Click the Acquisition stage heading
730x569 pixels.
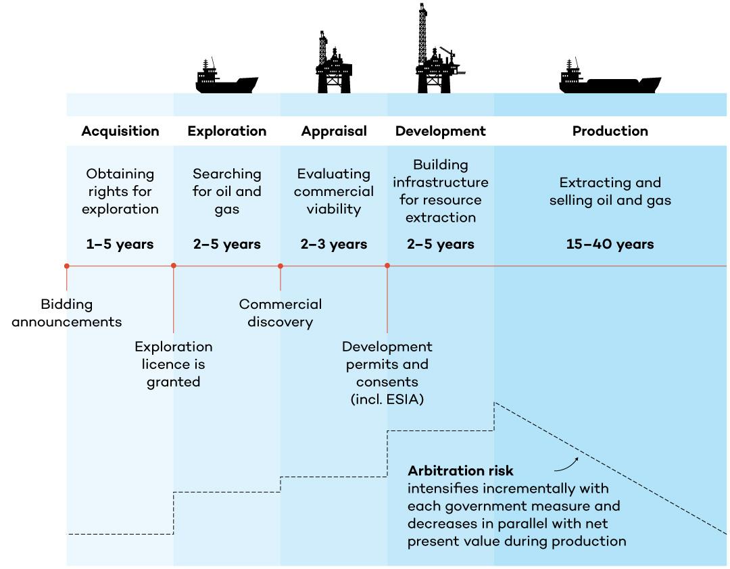tap(120, 131)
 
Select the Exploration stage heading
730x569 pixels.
tap(227, 131)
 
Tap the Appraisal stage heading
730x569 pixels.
tap(334, 131)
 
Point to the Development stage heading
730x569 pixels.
tap(441, 131)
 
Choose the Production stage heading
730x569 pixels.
tap(610, 131)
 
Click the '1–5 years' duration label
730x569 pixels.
tap(120, 244)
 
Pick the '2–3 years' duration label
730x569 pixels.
tap(334, 244)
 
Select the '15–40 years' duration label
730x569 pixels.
tap(610, 244)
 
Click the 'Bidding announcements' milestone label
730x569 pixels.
tap(66, 313)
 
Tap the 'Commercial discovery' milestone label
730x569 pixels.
tap(281, 313)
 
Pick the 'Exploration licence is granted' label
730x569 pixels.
tap(174, 364)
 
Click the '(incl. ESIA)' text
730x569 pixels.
tap(387, 399)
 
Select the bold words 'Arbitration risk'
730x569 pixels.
tap(460, 471)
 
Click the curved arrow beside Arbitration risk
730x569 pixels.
tap(566, 462)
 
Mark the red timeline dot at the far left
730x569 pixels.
tap(66, 266)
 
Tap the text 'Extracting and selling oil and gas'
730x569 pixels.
tap(610, 191)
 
